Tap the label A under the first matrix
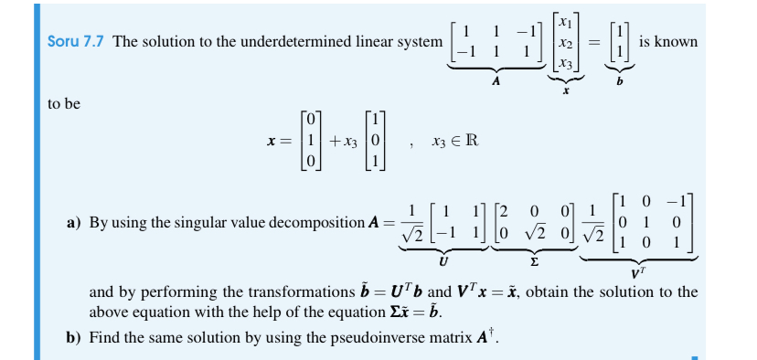click(x=496, y=80)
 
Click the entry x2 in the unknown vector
click(x=566, y=42)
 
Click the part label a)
click(x=75, y=222)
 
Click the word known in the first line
click(x=680, y=43)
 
